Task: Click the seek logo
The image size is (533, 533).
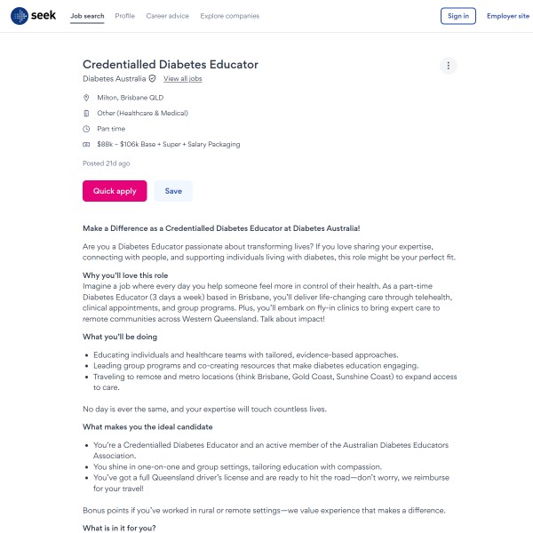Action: click(x=32, y=16)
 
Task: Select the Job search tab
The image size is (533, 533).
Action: click(x=87, y=16)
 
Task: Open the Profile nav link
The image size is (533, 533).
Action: click(x=125, y=16)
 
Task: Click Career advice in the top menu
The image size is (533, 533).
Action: click(x=167, y=16)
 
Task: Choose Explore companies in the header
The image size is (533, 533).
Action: click(x=230, y=16)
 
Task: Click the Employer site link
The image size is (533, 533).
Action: click(x=508, y=16)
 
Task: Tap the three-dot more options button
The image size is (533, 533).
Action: click(x=449, y=66)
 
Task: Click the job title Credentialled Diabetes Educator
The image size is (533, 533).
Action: click(x=171, y=64)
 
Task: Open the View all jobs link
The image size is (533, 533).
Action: click(x=183, y=79)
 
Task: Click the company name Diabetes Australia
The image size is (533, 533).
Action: click(x=114, y=79)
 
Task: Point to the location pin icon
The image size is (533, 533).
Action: click(x=86, y=98)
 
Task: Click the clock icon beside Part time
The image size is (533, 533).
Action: click(x=86, y=129)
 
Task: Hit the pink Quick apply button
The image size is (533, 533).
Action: click(x=115, y=191)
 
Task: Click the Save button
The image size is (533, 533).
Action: click(x=173, y=191)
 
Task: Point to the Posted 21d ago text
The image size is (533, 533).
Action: click(x=107, y=163)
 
